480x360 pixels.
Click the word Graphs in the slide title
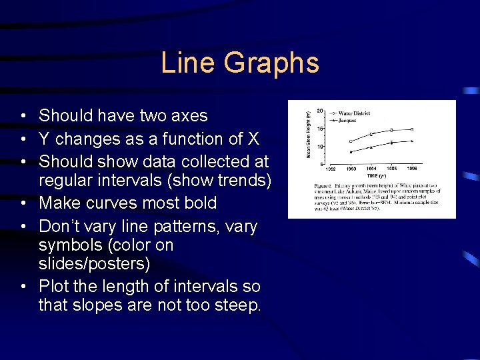click(x=271, y=63)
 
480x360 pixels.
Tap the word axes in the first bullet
click(x=189, y=116)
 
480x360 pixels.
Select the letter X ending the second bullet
click(x=253, y=139)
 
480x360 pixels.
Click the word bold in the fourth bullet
click(x=197, y=203)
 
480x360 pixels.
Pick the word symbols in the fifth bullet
click(x=66, y=245)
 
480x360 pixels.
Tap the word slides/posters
click(x=95, y=264)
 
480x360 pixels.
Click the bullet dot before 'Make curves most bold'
click(x=23, y=203)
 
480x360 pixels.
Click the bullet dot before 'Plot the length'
click(x=23, y=287)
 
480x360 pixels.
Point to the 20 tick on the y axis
click(x=320, y=111)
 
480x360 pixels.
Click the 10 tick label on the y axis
click(x=320, y=147)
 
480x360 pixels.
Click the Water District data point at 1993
click(x=351, y=141)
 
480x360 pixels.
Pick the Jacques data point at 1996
click(x=412, y=141)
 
